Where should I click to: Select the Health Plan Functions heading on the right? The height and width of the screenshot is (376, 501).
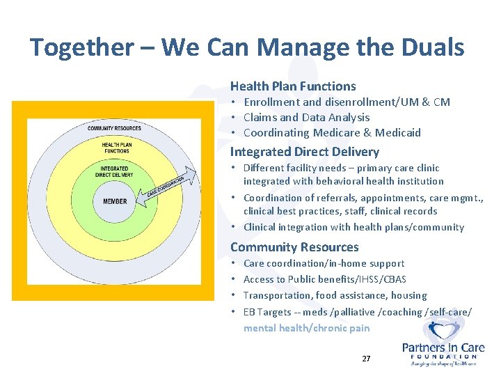(293, 86)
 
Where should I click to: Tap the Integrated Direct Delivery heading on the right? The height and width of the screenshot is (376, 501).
(305, 152)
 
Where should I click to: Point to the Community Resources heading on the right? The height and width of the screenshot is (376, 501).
(294, 247)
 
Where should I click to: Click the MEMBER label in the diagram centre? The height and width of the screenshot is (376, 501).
(115, 201)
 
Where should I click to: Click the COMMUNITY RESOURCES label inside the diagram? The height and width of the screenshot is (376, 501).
(115, 128)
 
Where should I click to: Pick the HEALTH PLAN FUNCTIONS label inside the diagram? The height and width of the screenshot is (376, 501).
(116, 148)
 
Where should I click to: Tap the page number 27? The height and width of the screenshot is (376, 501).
(366, 359)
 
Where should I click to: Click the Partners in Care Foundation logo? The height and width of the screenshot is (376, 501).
(443, 343)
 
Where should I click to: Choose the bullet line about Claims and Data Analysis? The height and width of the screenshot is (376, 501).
(306, 118)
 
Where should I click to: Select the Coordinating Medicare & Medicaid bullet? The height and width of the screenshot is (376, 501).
(332, 133)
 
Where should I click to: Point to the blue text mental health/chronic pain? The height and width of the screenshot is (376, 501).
(306, 328)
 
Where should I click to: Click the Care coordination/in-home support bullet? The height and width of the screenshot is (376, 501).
(324, 263)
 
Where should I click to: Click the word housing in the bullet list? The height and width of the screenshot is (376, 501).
(409, 295)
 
